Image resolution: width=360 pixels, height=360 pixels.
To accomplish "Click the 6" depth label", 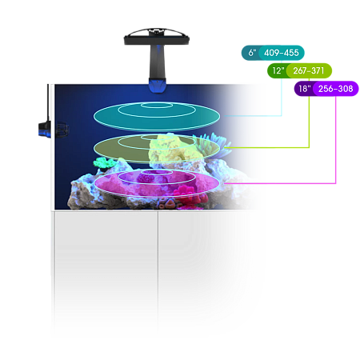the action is coord(252,53).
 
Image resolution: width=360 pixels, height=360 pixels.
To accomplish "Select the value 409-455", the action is coord(282,53).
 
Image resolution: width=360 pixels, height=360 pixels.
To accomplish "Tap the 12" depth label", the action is coord(278,70).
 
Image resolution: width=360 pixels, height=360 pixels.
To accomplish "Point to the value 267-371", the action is coord(309,70).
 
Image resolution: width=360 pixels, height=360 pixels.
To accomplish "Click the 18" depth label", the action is coord(304,89).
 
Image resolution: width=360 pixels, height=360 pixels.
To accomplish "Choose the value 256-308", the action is coord(335,89).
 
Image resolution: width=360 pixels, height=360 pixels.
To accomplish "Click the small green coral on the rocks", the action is coord(103,162).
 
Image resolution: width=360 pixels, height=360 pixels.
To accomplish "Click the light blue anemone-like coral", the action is coord(214,144).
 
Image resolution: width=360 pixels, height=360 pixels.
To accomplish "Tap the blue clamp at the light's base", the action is coord(158,86).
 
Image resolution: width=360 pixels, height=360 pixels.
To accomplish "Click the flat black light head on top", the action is coord(157,37).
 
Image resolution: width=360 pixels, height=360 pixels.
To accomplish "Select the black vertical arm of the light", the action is coord(158,62).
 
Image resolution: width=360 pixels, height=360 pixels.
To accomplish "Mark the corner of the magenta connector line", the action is coord(335,183).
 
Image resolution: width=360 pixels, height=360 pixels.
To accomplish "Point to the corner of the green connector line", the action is coord(309,147).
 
